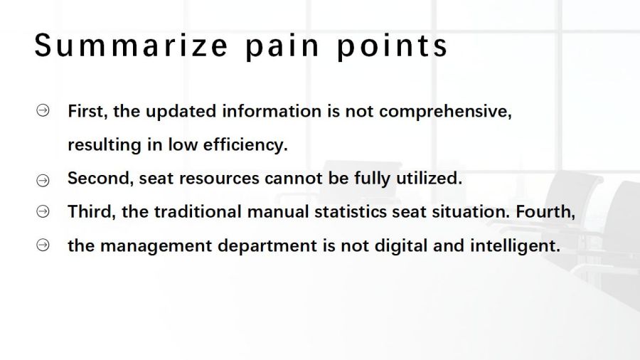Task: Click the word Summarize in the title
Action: coord(131,46)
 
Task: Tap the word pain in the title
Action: coord(282,48)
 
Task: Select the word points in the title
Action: coord(393,48)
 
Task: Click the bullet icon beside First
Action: coord(43,110)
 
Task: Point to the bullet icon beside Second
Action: coord(43,180)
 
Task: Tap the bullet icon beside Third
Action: coord(43,211)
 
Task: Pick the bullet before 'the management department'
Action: coord(43,245)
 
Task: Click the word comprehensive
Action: coord(445,112)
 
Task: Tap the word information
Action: coord(272,112)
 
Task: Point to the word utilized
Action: coord(429,179)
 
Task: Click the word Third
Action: coord(92,212)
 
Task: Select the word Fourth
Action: coord(545,212)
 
